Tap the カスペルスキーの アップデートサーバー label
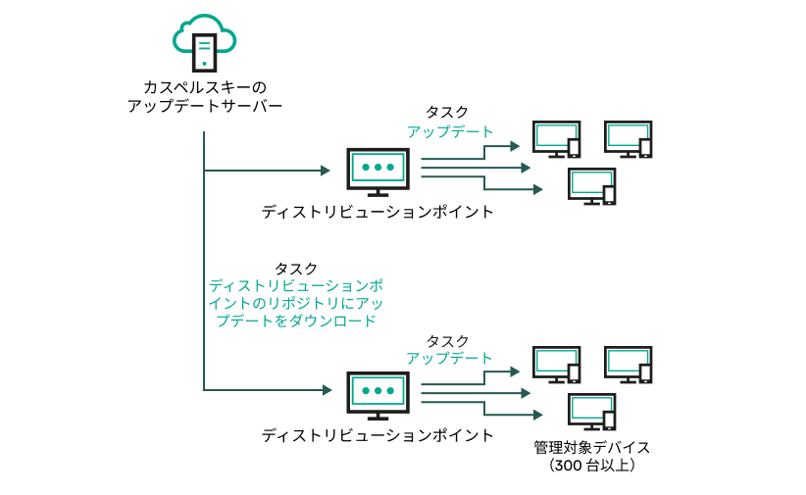(205, 95)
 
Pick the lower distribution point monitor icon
(378, 394)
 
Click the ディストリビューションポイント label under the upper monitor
(378, 212)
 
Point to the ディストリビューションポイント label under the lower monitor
(378, 434)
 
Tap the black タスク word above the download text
(295, 268)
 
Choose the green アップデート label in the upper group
(450, 131)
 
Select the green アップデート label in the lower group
(449, 358)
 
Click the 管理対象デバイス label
(592, 447)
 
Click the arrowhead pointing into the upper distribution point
(326, 171)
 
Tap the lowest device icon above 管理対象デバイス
(593, 411)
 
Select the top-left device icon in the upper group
(557, 138)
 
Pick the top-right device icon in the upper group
(629, 138)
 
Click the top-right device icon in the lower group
(629, 365)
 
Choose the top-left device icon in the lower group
(557, 365)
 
